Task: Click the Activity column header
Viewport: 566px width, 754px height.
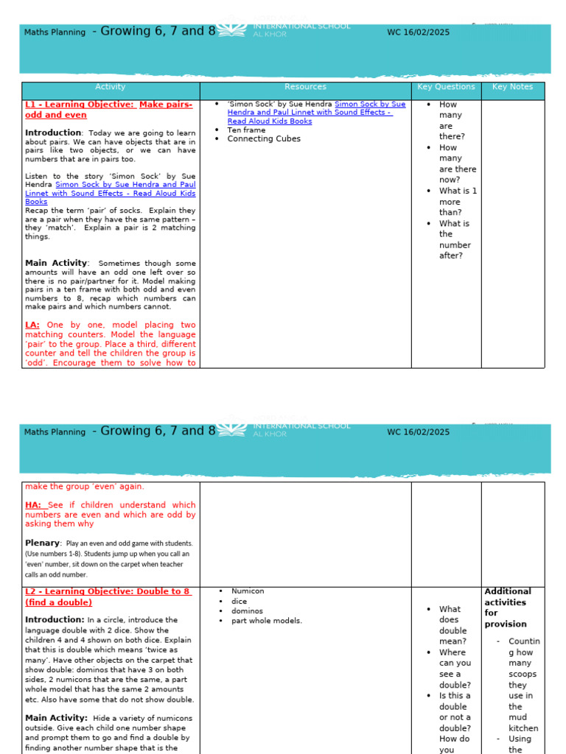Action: point(111,87)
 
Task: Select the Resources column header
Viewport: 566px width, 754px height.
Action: point(305,87)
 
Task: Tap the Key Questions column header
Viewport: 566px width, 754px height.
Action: point(446,87)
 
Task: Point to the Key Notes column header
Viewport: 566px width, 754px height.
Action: point(512,87)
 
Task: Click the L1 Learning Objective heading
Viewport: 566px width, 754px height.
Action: point(108,110)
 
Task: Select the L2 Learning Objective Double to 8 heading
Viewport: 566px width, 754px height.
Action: point(108,596)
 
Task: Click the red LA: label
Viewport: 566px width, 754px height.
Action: point(32,325)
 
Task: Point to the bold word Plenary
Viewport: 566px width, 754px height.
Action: point(43,543)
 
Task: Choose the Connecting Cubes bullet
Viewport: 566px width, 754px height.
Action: point(263,138)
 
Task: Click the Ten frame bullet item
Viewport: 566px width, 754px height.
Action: point(246,130)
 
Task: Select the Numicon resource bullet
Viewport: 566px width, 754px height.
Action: point(247,591)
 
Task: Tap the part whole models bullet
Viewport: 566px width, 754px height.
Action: point(266,621)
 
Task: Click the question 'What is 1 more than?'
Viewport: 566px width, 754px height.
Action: point(458,201)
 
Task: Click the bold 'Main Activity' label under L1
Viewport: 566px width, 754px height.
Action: point(56,263)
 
